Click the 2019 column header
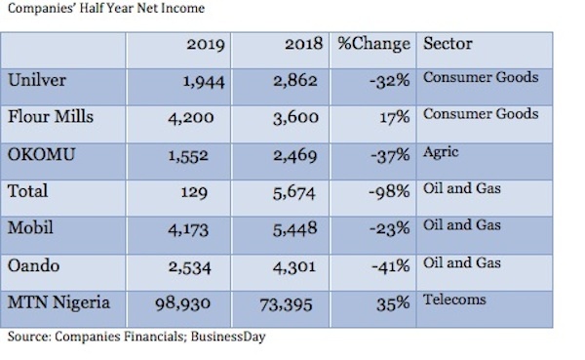click(206, 46)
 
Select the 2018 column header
click(305, 46)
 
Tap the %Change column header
click(375, 46)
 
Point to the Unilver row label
click(37, 80)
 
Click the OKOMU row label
click(42, 154)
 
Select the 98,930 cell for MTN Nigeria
click(195, 305)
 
